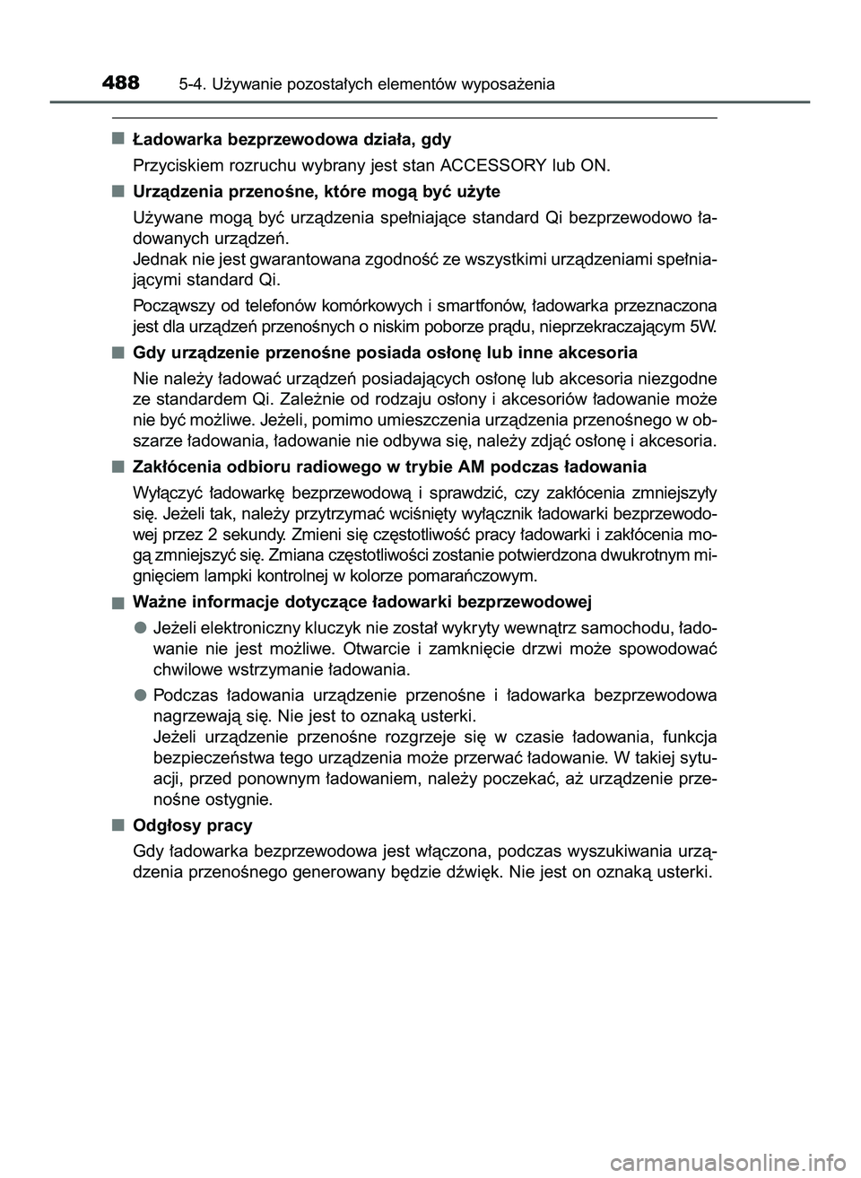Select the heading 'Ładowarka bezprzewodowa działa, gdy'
pyautogui.click(x=291, y=140)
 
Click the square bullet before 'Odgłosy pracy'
pyautogui.click(x=118, y=824)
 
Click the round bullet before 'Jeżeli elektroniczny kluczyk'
pyautogui.click(x=141, y=625)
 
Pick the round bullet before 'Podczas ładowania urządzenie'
pyautogui.click(x=141, y=694)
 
